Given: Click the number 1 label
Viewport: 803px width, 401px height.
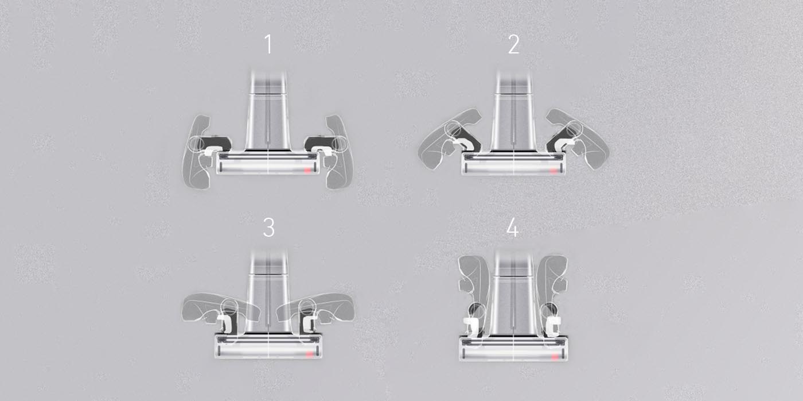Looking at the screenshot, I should click(x=268, y=45).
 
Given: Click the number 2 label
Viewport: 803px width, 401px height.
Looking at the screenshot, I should click(x=513, y=45).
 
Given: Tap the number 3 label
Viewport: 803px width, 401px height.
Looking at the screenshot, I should click(x=268, y=228).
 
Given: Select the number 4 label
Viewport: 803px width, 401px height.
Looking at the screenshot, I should click(x=513, y=228).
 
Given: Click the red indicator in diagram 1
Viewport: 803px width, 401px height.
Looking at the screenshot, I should click(x=309, y=171).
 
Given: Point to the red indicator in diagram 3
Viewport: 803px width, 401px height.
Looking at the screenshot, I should click(x=310, y=354).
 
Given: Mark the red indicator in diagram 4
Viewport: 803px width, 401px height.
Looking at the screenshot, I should click(x=554, y=358).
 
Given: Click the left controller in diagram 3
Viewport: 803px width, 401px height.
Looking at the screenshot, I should click(x=218, y=307).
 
